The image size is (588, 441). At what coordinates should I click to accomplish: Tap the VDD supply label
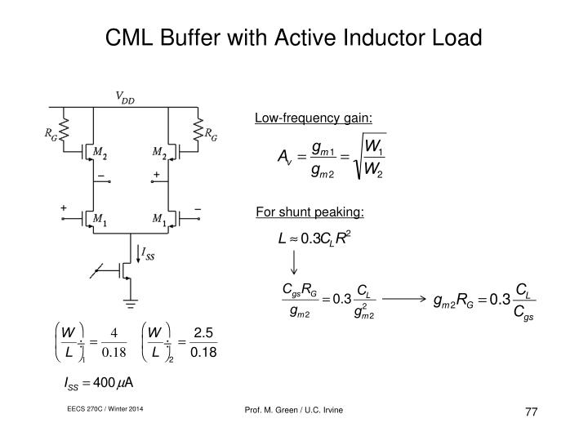(125, 97)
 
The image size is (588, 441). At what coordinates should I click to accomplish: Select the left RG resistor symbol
(64, 129)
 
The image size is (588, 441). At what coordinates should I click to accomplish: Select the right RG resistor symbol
(198, 130)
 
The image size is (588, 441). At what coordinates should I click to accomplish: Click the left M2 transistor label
(100, 153)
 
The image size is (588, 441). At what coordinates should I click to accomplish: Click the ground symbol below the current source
(131, 303)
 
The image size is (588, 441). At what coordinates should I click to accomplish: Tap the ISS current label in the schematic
(148, 253)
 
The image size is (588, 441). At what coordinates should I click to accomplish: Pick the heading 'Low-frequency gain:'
(314, 118)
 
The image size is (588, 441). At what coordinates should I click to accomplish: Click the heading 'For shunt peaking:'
(310, 212)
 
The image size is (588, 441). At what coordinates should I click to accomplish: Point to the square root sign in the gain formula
(369, 156)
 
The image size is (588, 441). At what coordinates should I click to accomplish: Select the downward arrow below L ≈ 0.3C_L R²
(294, 262)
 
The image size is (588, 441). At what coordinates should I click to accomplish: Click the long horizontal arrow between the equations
(404, 299)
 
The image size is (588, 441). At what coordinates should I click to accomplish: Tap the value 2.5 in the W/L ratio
(203, 332)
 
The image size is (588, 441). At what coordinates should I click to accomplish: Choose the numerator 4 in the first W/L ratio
(114, 332)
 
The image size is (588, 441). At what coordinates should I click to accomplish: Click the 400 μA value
(113, 383)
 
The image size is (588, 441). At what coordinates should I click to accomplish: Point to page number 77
(532, 412)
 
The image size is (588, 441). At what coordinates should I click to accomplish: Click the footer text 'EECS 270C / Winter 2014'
(105, 409)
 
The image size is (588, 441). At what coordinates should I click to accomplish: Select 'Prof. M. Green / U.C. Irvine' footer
(294, 410)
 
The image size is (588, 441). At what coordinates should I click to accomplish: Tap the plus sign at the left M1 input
(64, 207)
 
